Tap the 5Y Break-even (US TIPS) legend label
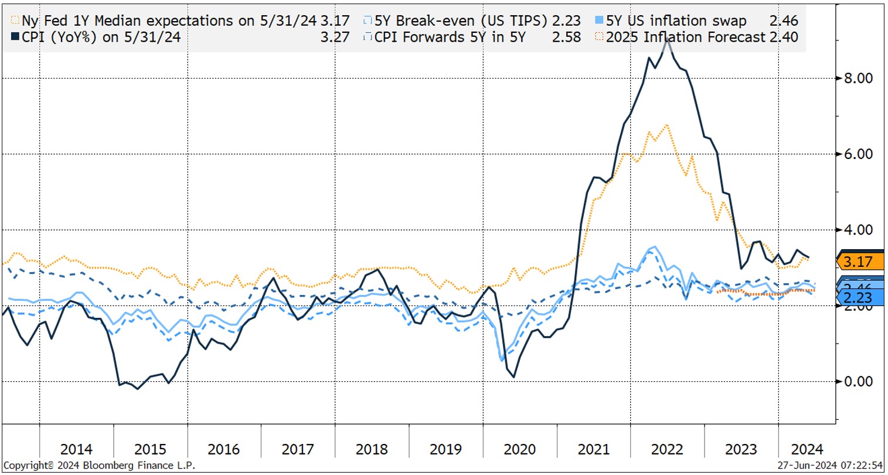pyautogui.click(x=460, y=21)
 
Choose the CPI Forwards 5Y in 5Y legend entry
pyautogui.click(x=449, y=37)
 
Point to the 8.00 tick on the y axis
pyautogui.click(x=856, y=78)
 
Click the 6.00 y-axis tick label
pyautogui.click(x=856, y=154)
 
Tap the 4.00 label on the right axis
pyautogui.click(x=856, y=230)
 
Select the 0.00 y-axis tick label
pyautogui.click(x=856, y=382)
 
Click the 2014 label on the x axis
pyautogui.click(x=76, y=450)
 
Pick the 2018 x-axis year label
pyautogui.click(x=372, y=450)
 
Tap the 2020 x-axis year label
pyautogui.click(x=519, y=450)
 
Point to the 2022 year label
pyautogui.click(x=667, y=450)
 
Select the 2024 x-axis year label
pyautogui.click(x=807, y=450)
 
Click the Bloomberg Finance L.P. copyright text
pyautogui.click(x=100, y=466)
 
